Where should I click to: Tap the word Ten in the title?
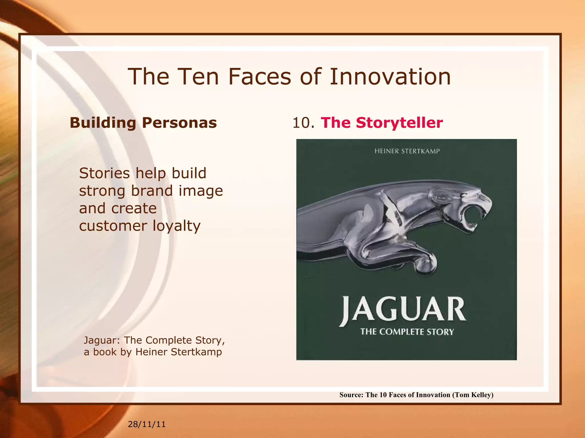point(198,77)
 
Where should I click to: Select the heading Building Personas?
point(143,123)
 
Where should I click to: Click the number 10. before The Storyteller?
point(303,123)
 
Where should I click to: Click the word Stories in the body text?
point(105,173)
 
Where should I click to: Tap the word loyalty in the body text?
point(177,226)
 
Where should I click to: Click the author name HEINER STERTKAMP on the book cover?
point(407,151)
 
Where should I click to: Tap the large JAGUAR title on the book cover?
point(403,311)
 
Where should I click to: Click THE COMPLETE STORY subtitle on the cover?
point(407,332)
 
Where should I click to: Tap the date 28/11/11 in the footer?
point(147,424)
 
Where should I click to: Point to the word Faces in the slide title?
point(260,77)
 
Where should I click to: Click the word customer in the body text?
point(113,226)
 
